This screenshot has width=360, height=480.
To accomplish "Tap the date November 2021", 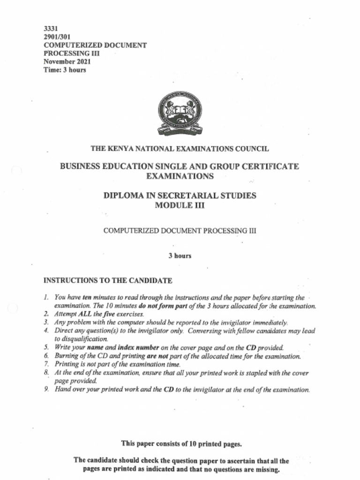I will tap(67, 62).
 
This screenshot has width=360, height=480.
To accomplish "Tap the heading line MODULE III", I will tap(180, 205).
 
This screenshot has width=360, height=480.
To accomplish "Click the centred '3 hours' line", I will tap(180, 256).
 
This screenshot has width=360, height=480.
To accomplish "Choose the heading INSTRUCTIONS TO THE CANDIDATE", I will tap(108, 281).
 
